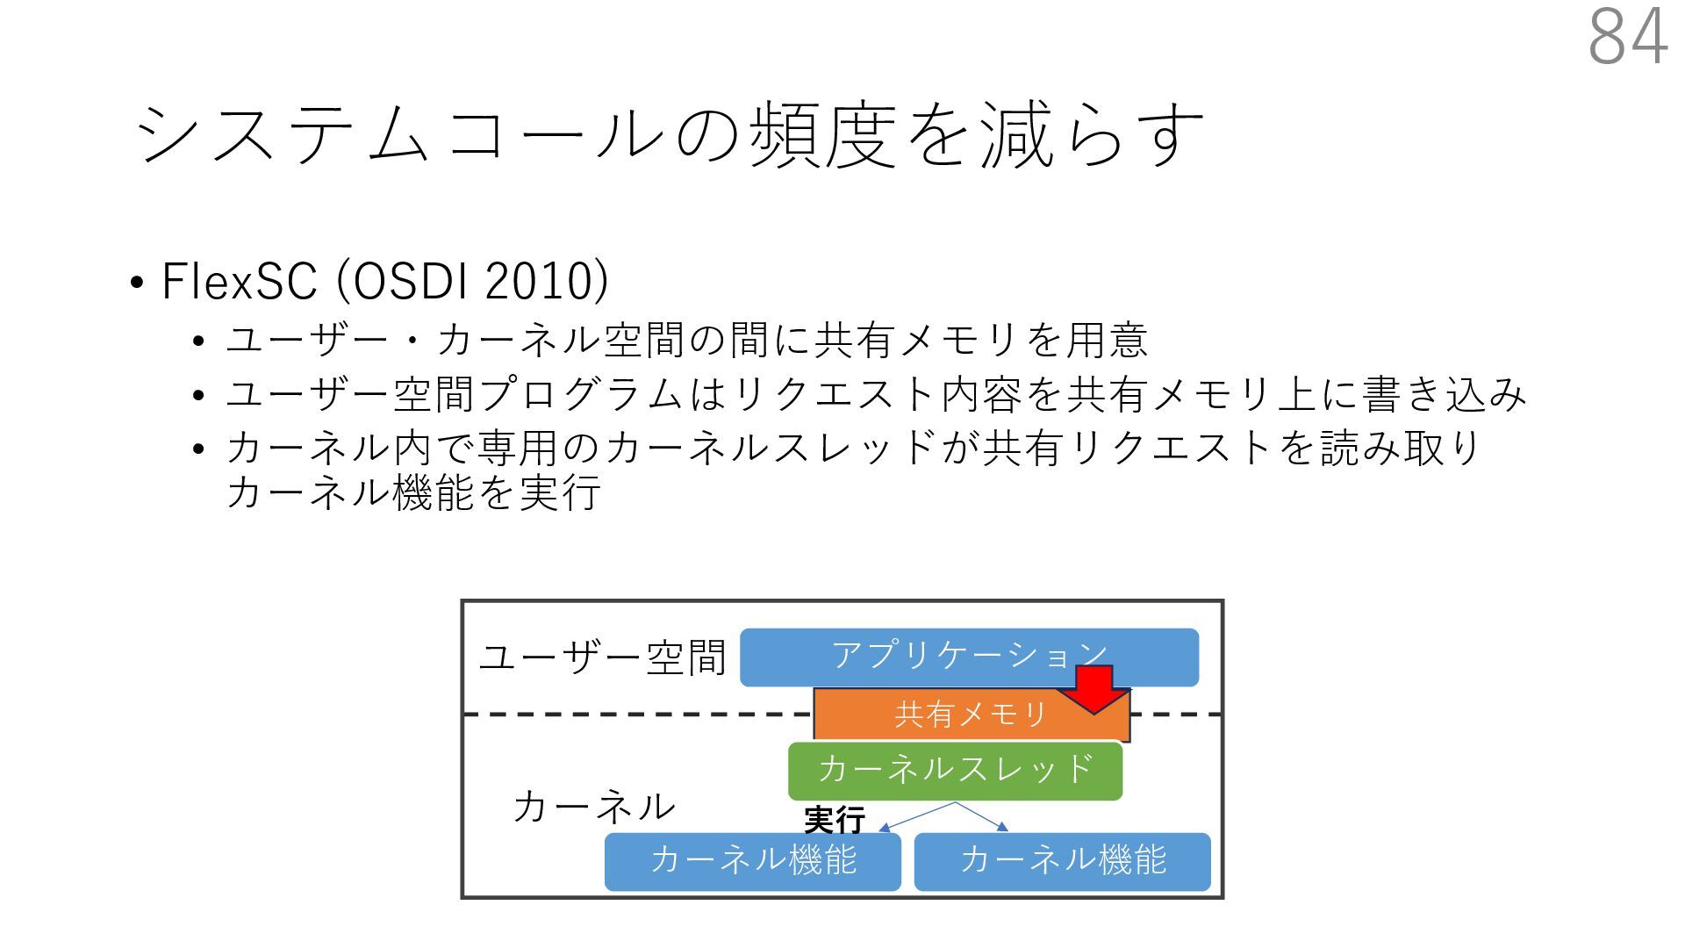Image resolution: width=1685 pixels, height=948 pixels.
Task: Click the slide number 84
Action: tap(1628, 37)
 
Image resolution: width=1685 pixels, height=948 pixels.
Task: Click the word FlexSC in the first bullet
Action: tap(239, 282)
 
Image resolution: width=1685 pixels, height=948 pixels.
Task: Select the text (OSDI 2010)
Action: tap(472, 282)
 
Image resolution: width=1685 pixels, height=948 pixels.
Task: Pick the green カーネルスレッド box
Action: tap(955, 770)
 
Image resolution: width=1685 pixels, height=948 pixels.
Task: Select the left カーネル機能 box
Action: tap(753, 861)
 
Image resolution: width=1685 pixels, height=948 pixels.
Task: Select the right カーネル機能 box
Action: tap(1062, 861)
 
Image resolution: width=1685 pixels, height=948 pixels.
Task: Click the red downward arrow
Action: tap(1093, 688)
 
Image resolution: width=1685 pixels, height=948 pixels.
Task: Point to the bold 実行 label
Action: tap(834, 821)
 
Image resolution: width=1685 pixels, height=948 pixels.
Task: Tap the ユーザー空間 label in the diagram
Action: tap(603, 658)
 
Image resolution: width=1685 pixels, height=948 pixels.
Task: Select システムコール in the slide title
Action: tap(399, 134)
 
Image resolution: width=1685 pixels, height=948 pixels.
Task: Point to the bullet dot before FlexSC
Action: tap(136, 284)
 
